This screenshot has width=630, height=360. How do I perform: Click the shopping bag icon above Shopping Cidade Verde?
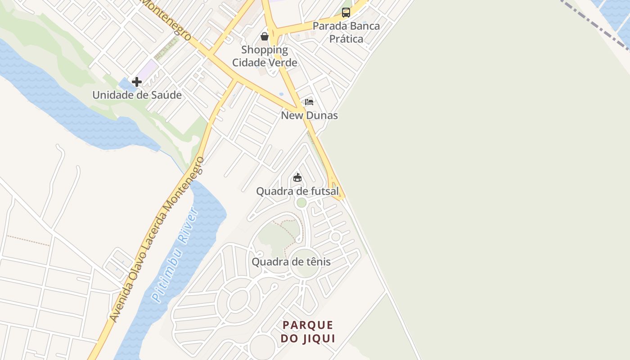265,36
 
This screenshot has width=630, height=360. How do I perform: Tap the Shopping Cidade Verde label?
265,56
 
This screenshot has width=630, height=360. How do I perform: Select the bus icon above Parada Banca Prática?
346,13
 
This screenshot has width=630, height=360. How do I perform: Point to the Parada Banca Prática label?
346,32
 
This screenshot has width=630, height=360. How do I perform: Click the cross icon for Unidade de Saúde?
137,82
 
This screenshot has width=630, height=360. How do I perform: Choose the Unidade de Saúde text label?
137,95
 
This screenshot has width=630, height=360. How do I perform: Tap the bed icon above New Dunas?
309,102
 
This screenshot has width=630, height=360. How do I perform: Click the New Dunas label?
309,115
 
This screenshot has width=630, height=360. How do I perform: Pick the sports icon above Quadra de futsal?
297,178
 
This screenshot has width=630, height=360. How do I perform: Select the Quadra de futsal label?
297,191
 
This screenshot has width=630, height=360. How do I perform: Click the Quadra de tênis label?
291,262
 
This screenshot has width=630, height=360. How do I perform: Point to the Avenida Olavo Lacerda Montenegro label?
156,240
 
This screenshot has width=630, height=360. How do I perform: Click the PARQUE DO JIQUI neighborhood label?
308,332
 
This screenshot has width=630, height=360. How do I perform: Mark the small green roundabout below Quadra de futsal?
301,203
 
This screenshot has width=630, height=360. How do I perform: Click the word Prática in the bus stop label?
346,39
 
